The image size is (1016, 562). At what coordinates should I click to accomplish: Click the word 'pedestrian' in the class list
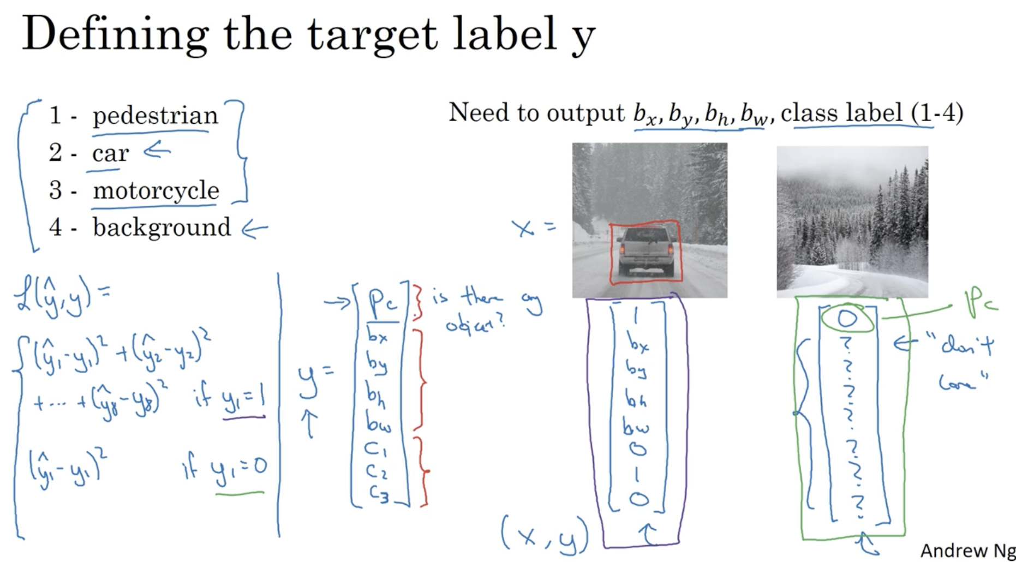155,115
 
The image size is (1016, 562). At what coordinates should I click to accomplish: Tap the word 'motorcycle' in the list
156,190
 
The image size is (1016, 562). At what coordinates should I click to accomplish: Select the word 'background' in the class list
162,228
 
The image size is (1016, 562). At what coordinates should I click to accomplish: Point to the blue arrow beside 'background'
255,230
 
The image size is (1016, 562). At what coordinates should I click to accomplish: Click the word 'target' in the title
372,34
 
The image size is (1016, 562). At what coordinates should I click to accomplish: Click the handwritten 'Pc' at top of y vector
383,302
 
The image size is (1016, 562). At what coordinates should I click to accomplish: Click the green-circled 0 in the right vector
847,318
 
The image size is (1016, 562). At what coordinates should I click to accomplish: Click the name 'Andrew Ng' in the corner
967,551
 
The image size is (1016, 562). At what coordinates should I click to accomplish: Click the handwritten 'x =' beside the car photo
533,228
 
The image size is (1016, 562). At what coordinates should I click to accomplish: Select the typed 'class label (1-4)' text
871,113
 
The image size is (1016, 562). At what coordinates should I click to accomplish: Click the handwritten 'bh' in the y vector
376,395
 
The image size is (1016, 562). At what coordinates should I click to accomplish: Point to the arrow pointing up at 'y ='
309,424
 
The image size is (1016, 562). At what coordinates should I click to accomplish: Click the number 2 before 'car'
55,152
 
